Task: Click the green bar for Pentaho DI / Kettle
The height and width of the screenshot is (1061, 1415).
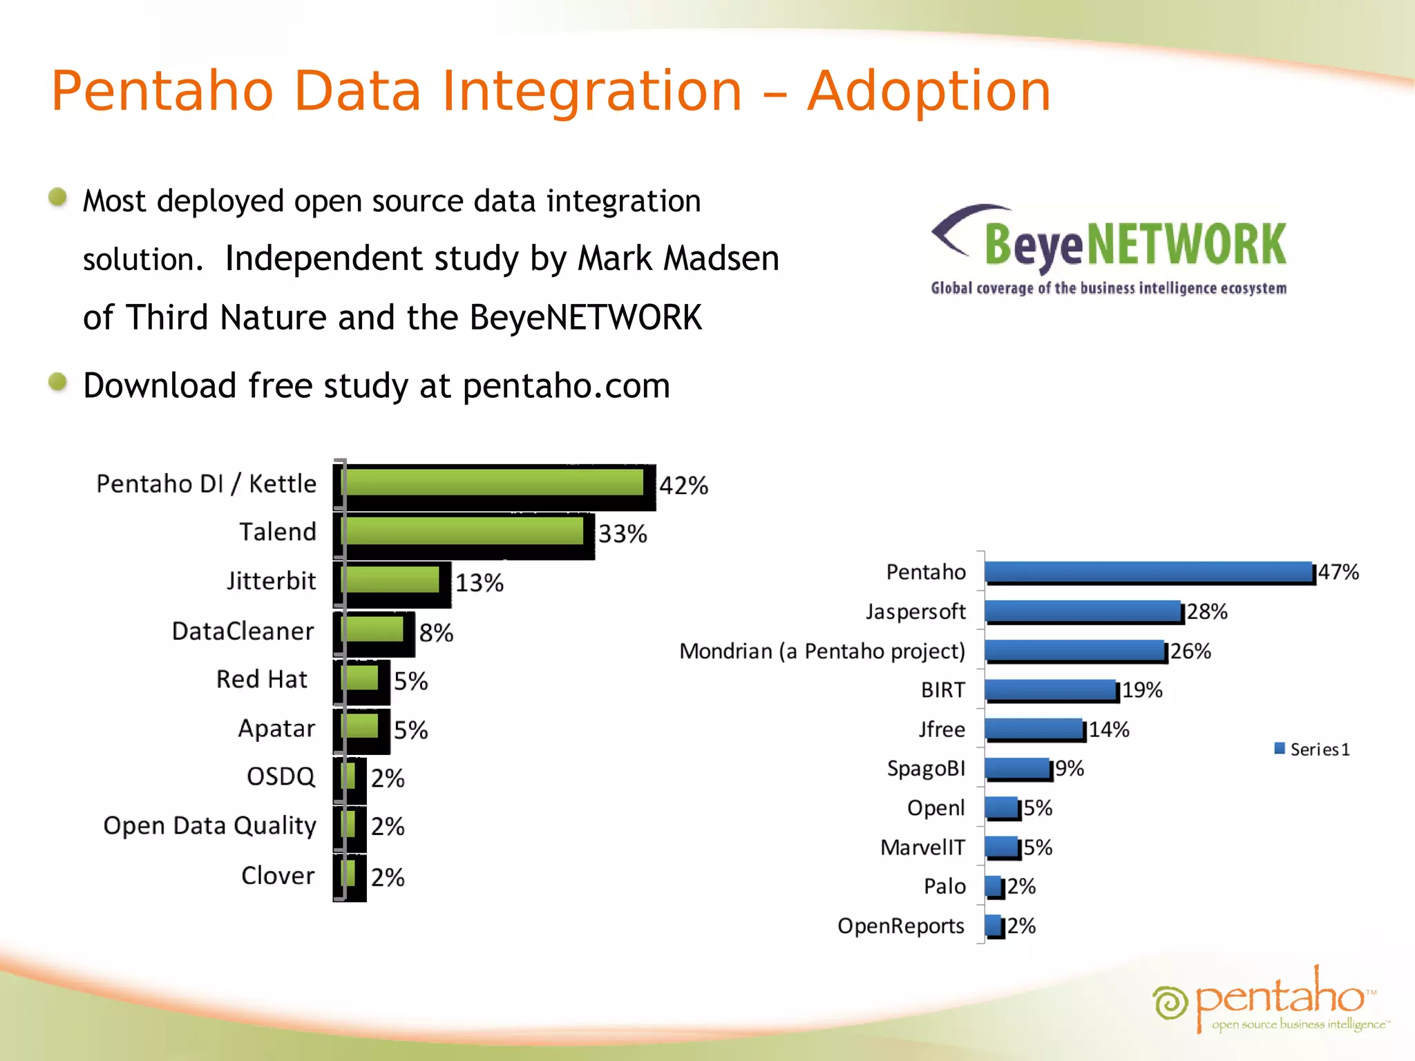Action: [494, 482]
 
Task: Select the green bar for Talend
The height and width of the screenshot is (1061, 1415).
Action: [464, 531]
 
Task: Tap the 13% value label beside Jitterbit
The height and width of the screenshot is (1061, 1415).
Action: [479, 583]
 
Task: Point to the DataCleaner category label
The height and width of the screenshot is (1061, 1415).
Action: [243, 631]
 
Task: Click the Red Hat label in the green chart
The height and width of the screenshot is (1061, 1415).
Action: [261, 680]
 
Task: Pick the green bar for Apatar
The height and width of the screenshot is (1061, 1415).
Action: [361, 726]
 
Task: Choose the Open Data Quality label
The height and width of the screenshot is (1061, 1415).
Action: [209, 826]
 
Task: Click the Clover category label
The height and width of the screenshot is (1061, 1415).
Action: [277, 876]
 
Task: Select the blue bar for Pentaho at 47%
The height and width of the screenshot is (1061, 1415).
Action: [1148, 572]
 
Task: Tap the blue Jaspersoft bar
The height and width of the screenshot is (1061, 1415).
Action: [1083, 611]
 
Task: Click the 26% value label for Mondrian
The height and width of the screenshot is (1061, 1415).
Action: [1190, 651]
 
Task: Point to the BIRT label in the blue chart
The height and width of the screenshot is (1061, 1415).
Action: [942, 690]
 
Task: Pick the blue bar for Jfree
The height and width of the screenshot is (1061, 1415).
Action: [1034, 729]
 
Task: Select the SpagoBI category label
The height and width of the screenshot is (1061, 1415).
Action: [926, 769]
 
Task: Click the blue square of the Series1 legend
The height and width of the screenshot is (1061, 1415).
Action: [1280, 748]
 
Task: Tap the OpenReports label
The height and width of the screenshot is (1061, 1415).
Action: [900, 926]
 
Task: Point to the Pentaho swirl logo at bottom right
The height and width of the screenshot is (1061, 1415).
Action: [1170, 1002]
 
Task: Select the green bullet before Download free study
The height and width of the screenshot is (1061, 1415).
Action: [58, 381]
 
